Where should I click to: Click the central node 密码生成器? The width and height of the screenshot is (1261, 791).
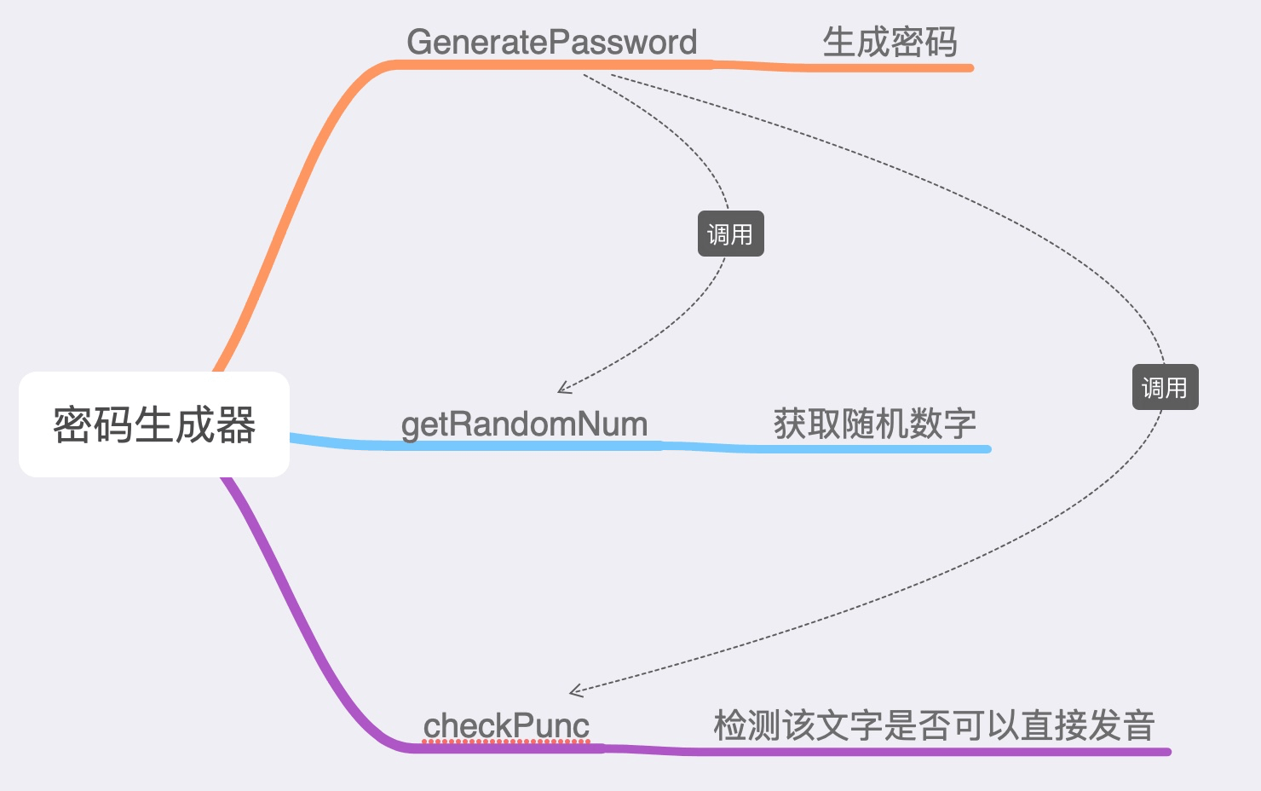tap(154, 424)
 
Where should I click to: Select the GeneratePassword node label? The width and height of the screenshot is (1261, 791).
tap(551, 42)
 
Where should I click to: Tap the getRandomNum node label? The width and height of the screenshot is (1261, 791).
tap(524, 424)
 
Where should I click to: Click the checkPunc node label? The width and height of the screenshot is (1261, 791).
tap(506, 725)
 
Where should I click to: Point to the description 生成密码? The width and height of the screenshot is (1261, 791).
tap(890, 42)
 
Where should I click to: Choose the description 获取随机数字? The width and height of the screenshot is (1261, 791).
tap(874, 424)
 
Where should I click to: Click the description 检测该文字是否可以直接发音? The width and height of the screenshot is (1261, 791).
tap(934, 725)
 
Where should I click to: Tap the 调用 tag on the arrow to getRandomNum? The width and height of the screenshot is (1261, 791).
tap(730, 234)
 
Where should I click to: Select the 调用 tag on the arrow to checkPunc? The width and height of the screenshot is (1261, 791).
tap(1165, 388)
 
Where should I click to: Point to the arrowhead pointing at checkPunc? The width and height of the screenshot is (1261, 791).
tap(575, 690)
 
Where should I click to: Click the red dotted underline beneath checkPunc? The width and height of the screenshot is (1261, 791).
tap(506, 742)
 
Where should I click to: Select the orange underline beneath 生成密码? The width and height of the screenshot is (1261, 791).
tap(886, 67)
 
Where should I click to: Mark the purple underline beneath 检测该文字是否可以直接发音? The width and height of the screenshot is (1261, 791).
tap(937, 751)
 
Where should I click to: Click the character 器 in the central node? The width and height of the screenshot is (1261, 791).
tap(236, 424)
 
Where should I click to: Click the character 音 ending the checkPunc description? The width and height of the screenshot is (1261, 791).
tap(1138, 725)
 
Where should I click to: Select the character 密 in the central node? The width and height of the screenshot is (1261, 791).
tap(72, 424)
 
